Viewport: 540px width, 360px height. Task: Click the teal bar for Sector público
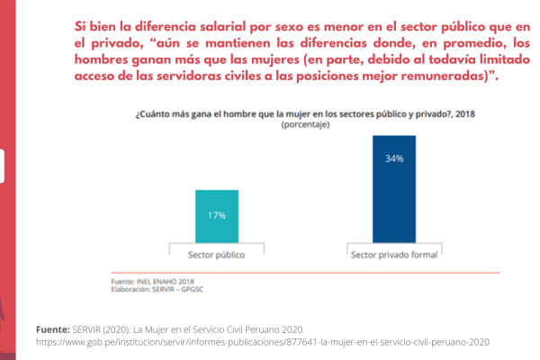217,216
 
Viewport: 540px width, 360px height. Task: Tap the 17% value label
217,216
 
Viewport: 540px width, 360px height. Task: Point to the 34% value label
394,158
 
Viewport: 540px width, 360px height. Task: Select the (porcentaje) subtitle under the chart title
305,126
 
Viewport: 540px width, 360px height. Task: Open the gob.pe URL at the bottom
262,342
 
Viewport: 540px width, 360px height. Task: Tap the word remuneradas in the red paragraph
436,76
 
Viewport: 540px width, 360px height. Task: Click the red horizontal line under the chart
305,272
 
